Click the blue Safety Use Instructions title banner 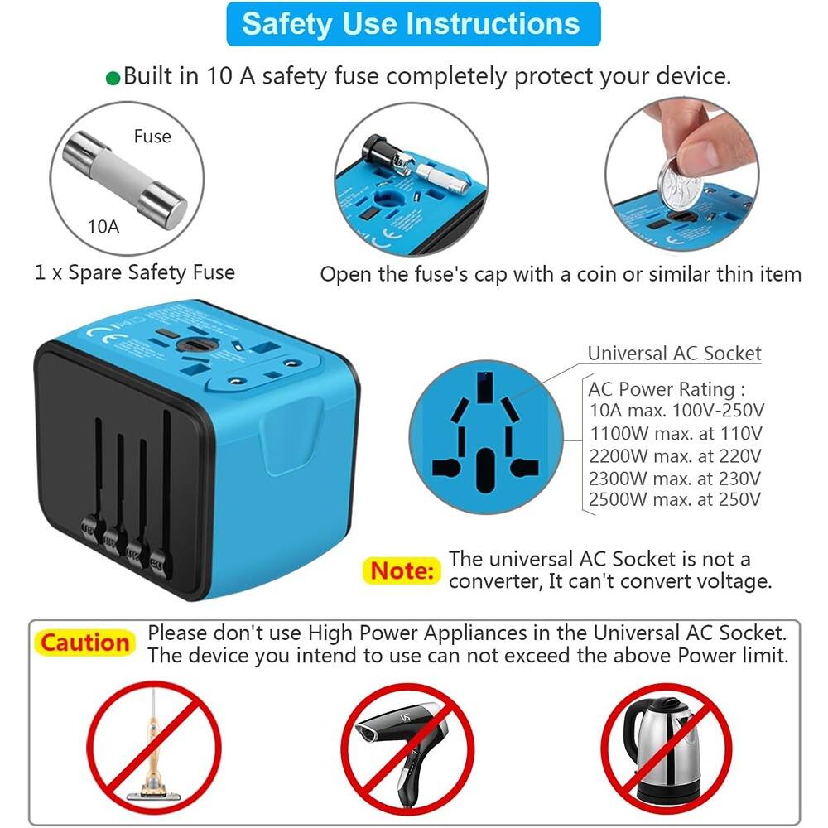click(412, 23)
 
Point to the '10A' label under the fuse click(104, 224)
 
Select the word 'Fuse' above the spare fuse click(152, 137)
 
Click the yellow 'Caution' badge click(85, 643)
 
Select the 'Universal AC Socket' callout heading click(674, 354)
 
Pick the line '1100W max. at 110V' click(675, 432)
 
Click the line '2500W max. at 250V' click(675, 499)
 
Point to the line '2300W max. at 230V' click(675, 477)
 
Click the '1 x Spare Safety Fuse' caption click(135, 272)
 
